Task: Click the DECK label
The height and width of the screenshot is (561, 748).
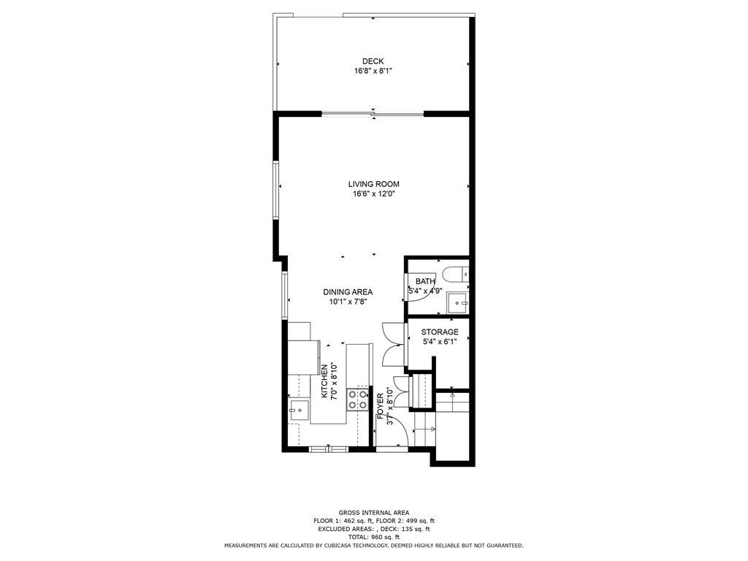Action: tap(373, 61)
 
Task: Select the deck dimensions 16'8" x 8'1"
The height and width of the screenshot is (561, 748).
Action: tap(373, 72)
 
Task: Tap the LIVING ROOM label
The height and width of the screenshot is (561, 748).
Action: tap(373, 184)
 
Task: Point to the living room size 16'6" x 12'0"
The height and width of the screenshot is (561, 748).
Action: tap(373, 194)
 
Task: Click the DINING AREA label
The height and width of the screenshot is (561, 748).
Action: tap(348, 292)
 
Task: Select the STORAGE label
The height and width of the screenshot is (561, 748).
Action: tap(440, 332)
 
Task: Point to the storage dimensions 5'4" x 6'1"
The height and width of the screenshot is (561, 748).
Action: tap(440, 342)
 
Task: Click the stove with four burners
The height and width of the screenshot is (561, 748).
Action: tap(357, 400)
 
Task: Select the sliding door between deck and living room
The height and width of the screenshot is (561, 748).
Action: tap(373, 113)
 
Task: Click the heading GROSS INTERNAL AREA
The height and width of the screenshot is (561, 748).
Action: tap(373, 513)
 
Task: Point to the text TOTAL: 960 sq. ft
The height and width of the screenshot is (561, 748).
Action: tap(373, 537)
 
